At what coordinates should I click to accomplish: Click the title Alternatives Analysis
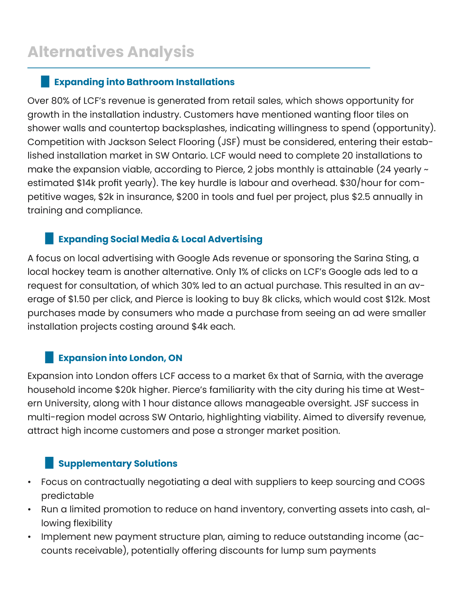point(111,52)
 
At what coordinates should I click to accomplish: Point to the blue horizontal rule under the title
point(198,68)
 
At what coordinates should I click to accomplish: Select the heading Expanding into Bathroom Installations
point(144,82)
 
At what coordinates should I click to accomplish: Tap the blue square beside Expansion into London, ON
point(49,357)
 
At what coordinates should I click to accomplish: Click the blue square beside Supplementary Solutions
point(49,463)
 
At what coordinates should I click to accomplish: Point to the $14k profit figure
point(87,183)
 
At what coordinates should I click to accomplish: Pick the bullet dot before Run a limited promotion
point(29,509)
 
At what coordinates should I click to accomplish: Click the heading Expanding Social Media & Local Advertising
point(160,239)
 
